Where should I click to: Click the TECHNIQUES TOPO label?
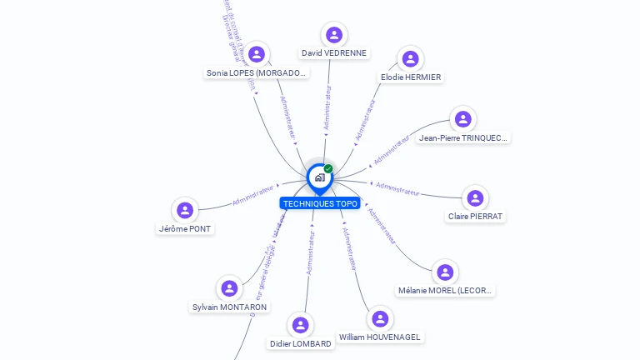(x=320, y=203)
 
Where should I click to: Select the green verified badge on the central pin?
(x=328, y=169)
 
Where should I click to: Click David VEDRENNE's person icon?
(x=334, y=35)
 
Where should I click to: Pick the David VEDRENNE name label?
(x=334, y=53)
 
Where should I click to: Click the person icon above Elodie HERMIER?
(x=410, y=59)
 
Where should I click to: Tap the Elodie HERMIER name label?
(x=411, y=77)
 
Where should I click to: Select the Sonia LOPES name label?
(x=257, y=73)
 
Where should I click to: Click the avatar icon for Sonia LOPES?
(x=257, y=54)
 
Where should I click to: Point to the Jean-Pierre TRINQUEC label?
(x=463, y=138)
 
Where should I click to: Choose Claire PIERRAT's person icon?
(x=475, y=198)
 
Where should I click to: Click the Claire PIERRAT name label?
(x=476, y=217)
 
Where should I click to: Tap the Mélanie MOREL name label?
(x=446, y=291)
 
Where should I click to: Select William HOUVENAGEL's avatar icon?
(x=380, y=319)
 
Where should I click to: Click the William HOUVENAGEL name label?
(x=380, y=337)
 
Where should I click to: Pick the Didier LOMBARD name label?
(x=301, y=343)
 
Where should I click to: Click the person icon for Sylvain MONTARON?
(x=229, y=289)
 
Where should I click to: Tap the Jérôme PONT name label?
(x=185, y=228)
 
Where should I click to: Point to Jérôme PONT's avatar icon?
(x=185, y=210)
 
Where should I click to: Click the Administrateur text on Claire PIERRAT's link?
(x=398, y=188)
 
